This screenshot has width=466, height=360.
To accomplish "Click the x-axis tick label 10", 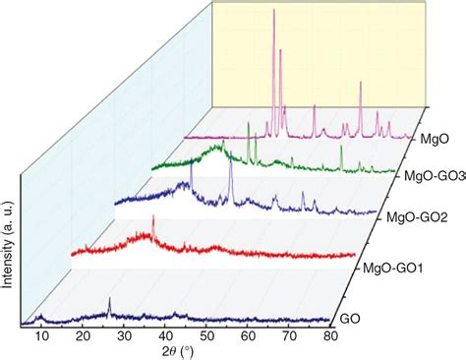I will (41, 337).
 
